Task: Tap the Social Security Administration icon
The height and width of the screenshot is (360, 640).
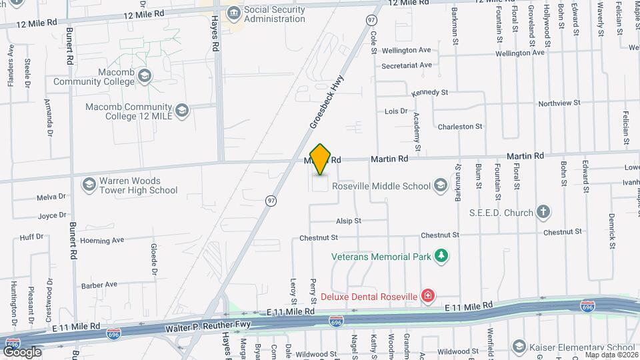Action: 233,13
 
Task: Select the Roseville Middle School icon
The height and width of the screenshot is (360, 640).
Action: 440,185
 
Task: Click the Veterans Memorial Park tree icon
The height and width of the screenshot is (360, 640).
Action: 440,255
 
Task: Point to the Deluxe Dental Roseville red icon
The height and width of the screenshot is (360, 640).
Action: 427,295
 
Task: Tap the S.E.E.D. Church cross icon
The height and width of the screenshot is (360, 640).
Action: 543,213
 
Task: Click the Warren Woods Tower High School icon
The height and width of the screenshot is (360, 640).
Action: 89,184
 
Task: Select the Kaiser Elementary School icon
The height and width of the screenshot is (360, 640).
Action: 519,347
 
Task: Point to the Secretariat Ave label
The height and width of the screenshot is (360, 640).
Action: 407,65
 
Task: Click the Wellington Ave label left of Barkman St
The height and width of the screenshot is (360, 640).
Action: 406,50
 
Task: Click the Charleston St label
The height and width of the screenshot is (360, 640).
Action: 459,126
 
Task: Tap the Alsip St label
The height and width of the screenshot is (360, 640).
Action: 348,221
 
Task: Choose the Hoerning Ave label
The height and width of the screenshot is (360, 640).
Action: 102,240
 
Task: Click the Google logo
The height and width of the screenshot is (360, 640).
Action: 22,351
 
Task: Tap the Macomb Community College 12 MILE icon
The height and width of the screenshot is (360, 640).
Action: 182,111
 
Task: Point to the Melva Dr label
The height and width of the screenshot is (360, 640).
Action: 51,197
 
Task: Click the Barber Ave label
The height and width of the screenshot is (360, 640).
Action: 99,285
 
